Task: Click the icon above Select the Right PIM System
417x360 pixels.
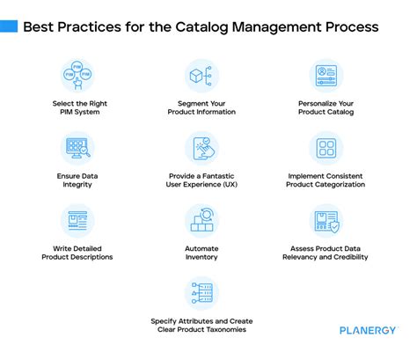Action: pos(77,76)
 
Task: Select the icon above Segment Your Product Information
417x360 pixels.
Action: pos(202,76)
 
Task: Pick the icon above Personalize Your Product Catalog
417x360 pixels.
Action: pos(326,76)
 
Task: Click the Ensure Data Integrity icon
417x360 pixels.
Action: pos(77,148)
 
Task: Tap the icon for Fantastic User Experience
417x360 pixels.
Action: pos(202,148)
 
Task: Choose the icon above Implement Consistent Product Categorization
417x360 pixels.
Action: pos(326,148)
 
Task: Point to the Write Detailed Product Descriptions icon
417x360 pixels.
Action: pos(77,220)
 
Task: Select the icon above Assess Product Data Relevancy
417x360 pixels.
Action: pos(326,220)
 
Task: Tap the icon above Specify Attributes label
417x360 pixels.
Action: pos(202,292)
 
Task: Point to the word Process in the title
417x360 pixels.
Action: pos(352,27)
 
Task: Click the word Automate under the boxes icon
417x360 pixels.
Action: pos(202,249)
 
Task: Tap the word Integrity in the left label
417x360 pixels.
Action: pos(77,185)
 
